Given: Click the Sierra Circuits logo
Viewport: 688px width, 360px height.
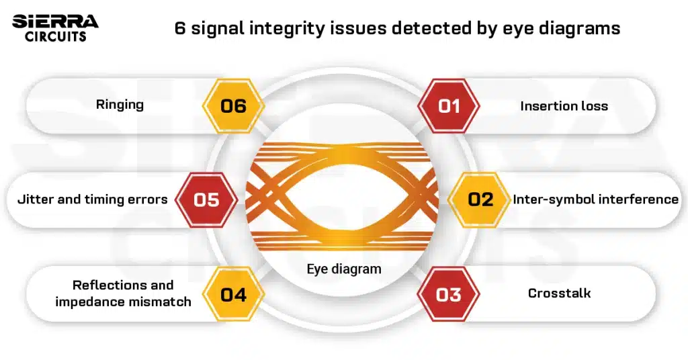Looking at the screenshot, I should [x=55, y=28].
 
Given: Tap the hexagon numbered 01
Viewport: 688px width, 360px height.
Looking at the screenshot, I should [x=449, y=106].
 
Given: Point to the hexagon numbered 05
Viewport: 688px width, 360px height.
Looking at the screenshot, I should [x=206, y=199].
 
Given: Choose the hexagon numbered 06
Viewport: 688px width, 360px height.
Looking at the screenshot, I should [x=233, y=106].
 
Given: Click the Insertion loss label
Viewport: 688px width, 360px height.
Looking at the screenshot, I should [x=564, y=106].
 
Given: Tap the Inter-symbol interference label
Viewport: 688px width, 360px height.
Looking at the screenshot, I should [x=595, y=199].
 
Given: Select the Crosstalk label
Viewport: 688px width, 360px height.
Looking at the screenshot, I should [x=559, y=294].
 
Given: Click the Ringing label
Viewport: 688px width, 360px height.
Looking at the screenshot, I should [x=120, y=105].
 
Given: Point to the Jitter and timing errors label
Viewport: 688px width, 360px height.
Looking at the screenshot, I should [x=92, y=199].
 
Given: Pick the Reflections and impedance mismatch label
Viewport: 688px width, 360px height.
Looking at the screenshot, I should [x=123, y=294].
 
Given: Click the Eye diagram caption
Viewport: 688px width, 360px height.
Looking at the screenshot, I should [x=344, y=269].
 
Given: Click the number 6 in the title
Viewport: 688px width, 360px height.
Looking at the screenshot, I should [x=179, y=29].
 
